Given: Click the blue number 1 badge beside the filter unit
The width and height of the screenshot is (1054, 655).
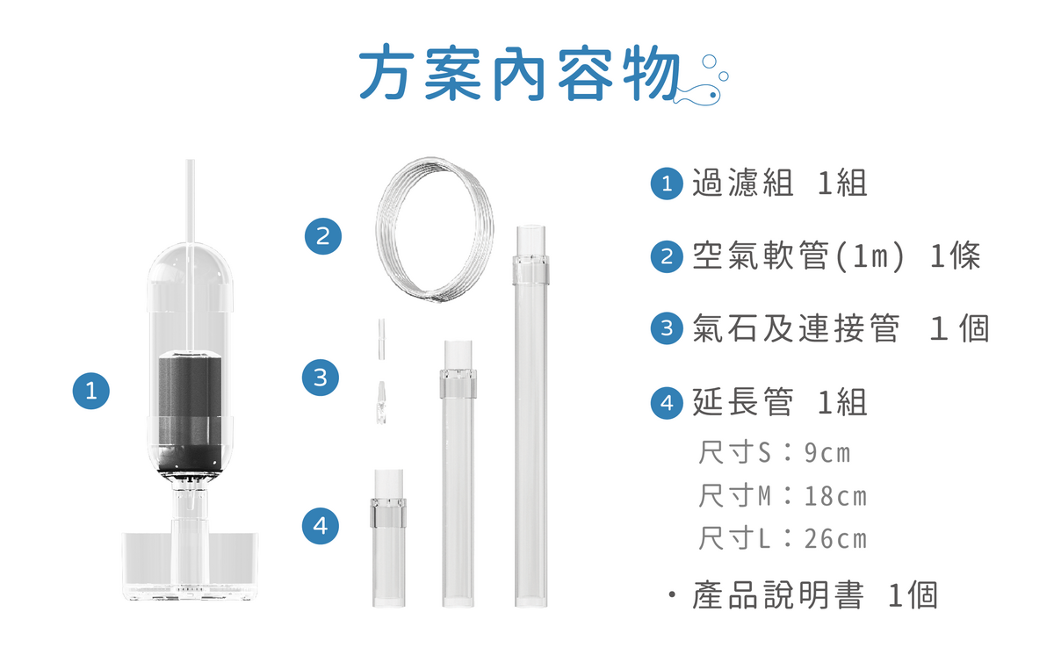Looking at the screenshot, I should [91, 389].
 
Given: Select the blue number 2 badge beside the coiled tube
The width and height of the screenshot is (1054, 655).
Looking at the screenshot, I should [322, 235].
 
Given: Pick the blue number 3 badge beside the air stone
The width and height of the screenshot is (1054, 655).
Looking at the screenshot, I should [320, 378].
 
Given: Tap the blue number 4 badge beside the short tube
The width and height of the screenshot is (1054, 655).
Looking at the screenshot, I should [320, 526].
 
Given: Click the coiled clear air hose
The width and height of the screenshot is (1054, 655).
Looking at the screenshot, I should [435, 230].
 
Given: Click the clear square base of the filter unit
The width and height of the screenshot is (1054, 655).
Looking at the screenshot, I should [189, 566].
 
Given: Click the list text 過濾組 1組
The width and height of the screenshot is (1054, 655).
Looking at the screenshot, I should [779, 184].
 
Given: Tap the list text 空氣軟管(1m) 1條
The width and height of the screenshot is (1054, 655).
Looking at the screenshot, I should [835, 256].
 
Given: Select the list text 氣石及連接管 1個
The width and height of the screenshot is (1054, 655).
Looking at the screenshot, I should [840, 328].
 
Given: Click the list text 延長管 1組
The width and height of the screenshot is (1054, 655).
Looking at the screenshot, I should [779, 402].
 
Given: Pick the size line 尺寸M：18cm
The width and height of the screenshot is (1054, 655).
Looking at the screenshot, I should [782, 496].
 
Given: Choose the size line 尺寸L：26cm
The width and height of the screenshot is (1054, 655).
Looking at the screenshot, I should [782, 538].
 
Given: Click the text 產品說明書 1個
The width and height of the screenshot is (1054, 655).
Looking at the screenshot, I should [814, 595].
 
